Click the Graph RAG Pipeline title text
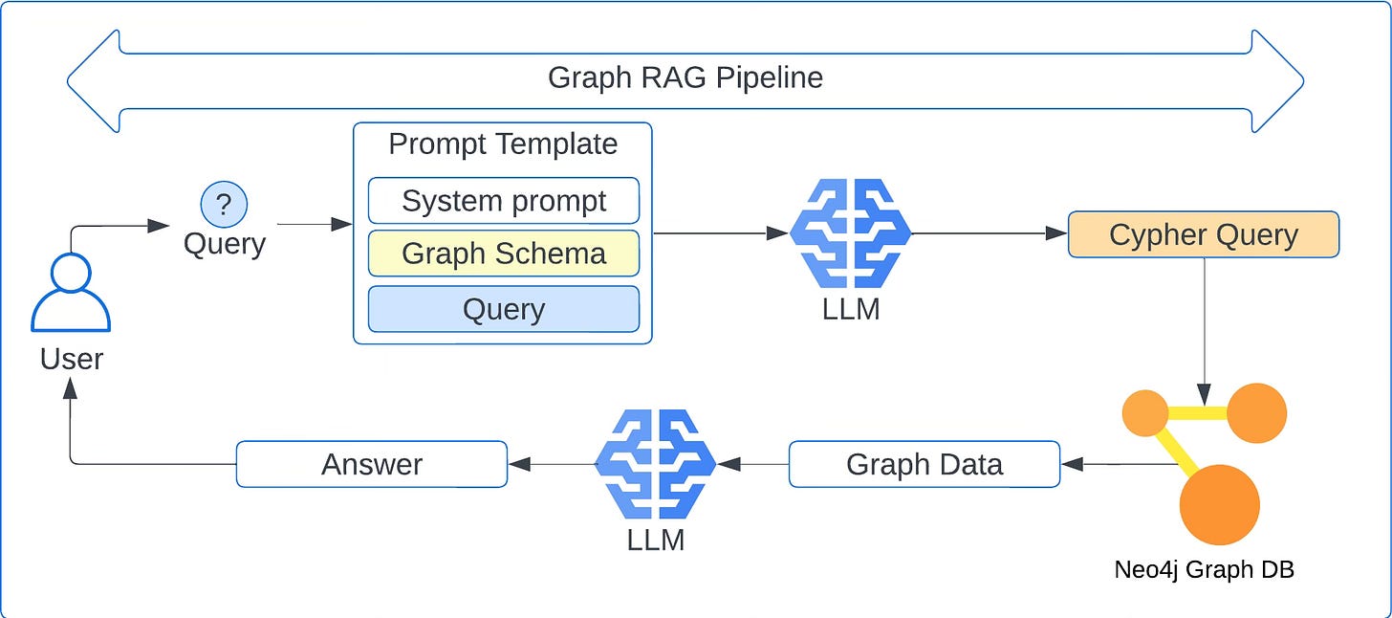685,77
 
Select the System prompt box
504,201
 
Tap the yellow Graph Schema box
504,254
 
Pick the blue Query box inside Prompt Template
504,309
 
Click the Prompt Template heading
503,144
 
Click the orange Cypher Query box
1203,234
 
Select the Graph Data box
924,464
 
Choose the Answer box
372,464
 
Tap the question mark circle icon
224,204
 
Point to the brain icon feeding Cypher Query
850,234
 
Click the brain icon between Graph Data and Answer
656,464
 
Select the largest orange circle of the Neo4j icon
1219,504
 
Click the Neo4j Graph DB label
1204,569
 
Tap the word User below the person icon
71,359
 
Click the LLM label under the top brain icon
850,309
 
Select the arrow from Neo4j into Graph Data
1119,464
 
